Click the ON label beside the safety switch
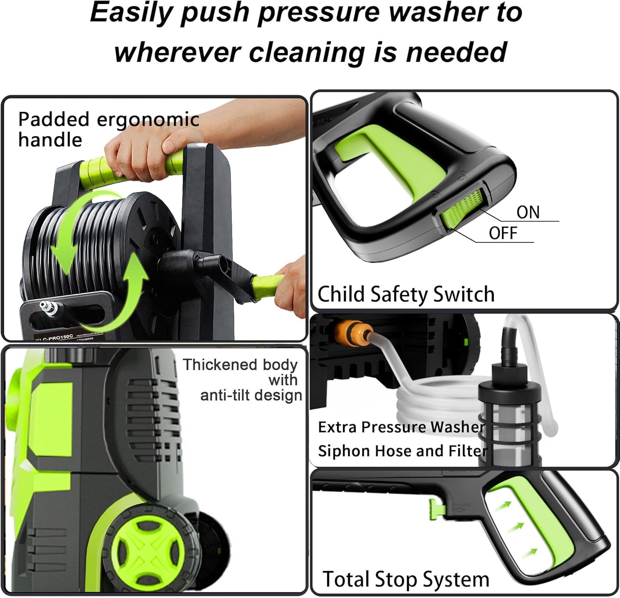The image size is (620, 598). coord(528,213)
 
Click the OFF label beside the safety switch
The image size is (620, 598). coord(503,234)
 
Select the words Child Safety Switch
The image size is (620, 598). coord(405,294)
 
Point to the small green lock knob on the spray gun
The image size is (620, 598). coord(433,508)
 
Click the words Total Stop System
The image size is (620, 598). coord(405,579)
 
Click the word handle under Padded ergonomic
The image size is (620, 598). coord(50,140)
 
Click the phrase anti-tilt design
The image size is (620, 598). coord(251,395)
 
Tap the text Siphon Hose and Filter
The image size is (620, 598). coord(402,451)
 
